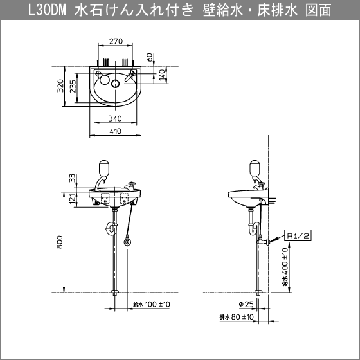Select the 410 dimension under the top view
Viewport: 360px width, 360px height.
pyautogui.click(x=116, y=132)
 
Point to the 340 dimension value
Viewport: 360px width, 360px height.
pyautogui.click(x=116, y=119)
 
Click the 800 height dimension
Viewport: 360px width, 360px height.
pyautogui.click(x=60, y=242)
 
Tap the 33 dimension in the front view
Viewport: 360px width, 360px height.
pyautogui.click(x=73, y=177)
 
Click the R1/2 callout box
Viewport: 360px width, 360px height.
pyautogui.click(x=298, y=237)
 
